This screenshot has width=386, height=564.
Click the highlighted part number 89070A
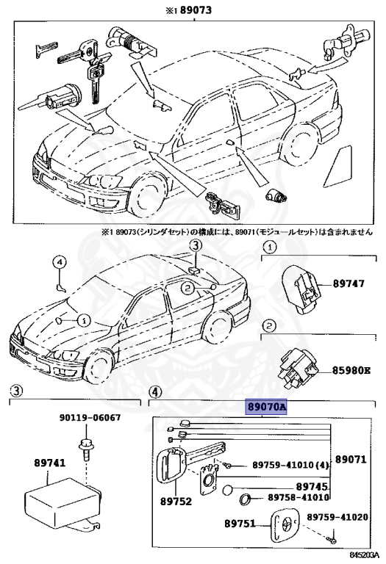pyautogui.click(x=266, y=405)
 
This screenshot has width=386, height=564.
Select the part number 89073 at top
pyautogui.click(x=193, y=10)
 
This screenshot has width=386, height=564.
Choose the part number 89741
pyautogui.click(x=49, y=463)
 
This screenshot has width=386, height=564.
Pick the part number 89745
pyautogui.click(x=312, y=485)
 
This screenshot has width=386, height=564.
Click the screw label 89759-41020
pyautogui.click(x=336, y=516)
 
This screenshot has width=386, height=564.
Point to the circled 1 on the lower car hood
pyautogui.click(x=83, y=320)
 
